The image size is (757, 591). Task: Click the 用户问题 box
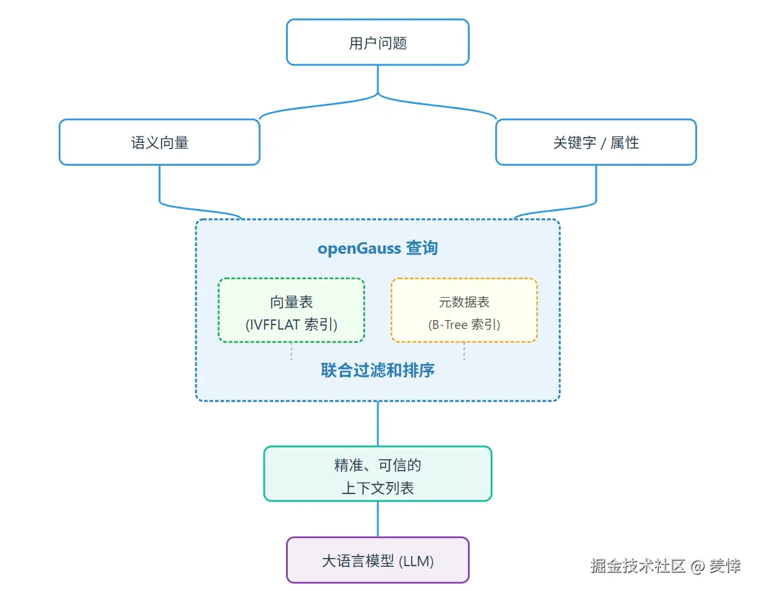pos(377,42)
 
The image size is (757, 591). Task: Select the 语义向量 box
pos(160,142)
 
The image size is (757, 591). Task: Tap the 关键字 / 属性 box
pos(596,142)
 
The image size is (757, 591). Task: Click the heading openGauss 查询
pos(377,248)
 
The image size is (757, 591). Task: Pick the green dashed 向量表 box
pos(291,310)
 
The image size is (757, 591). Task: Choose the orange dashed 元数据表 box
pos(464,310)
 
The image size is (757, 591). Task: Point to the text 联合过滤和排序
pos(377,370)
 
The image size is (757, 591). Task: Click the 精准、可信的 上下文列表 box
pos(377,474)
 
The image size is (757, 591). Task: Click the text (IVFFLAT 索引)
pos(291,325)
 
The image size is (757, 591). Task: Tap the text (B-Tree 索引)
pos(464,325)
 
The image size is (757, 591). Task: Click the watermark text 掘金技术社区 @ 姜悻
pos(665,565)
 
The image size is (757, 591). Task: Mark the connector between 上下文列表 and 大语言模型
pos(377,519)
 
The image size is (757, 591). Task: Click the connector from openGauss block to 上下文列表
pos(377,423)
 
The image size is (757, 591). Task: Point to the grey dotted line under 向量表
pos(291,351)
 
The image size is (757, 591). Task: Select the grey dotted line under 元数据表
pos(464,351)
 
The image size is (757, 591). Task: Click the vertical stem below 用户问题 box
pos(378,79)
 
